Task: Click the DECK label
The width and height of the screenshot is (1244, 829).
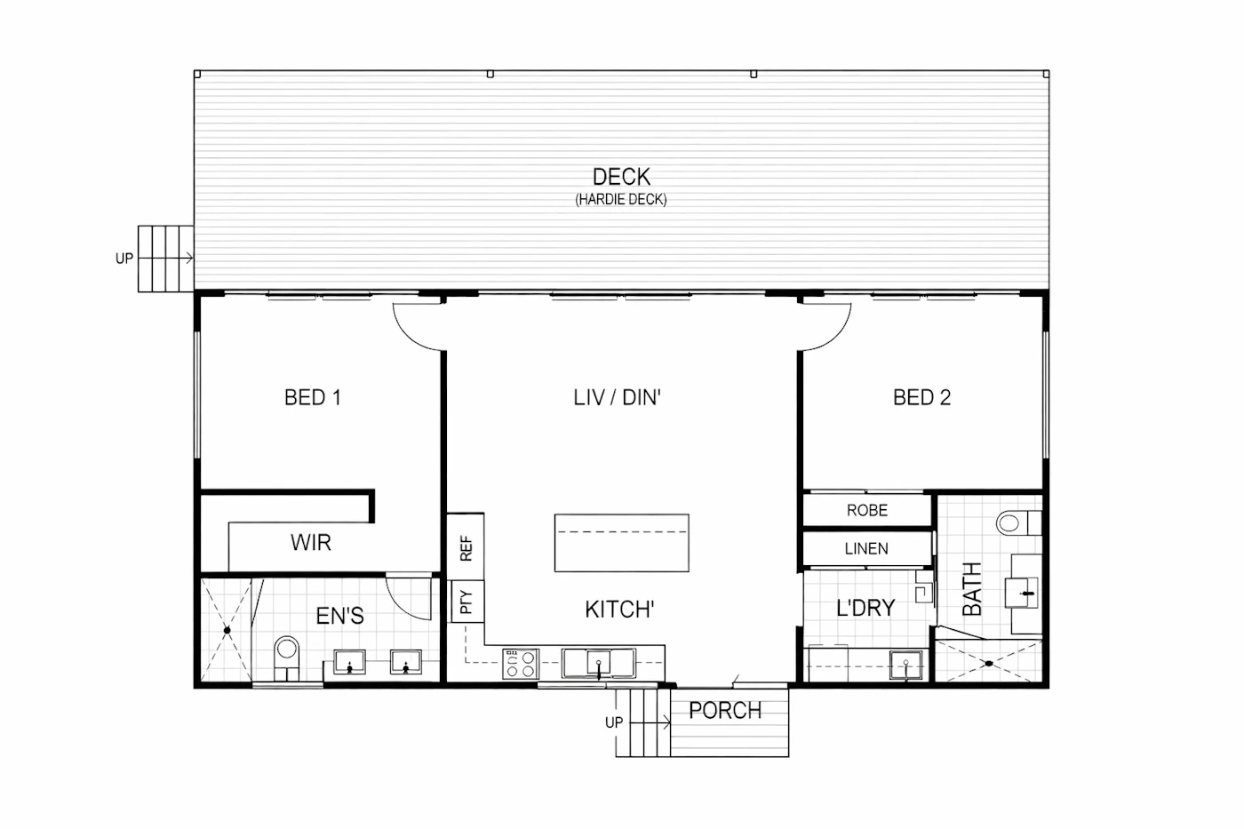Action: [621, 177]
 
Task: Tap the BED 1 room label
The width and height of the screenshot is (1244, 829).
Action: [313, 397]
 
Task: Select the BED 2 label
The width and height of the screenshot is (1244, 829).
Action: [922, 397]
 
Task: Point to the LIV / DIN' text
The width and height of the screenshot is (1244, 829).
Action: [617, 397]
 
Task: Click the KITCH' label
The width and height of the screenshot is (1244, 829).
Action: [620, 610]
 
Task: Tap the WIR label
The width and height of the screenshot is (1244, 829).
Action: [310, 543]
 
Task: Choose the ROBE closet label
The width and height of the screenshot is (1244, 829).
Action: [867, 510]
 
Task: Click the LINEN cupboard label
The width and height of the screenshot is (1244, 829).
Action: [866, 548]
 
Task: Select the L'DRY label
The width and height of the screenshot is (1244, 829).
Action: [865, 608]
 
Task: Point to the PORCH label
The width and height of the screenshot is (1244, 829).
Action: [725, 711]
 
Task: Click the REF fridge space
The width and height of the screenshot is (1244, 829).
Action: [466, 547]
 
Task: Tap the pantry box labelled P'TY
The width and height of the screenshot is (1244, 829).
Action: [466, 602]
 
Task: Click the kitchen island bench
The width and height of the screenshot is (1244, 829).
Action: [621, 543]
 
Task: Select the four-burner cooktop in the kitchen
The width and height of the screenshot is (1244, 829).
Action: [520, 664]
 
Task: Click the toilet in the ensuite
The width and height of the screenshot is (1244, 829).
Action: [286, 658]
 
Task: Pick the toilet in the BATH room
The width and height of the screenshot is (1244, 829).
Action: [1018, 523]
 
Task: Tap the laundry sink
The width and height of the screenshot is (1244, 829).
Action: [905, 665]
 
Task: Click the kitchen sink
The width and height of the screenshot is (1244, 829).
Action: [598, 663]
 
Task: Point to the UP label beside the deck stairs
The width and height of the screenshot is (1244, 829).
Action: [124, 259]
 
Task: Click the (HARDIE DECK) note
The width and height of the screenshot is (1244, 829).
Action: [621, 199]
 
